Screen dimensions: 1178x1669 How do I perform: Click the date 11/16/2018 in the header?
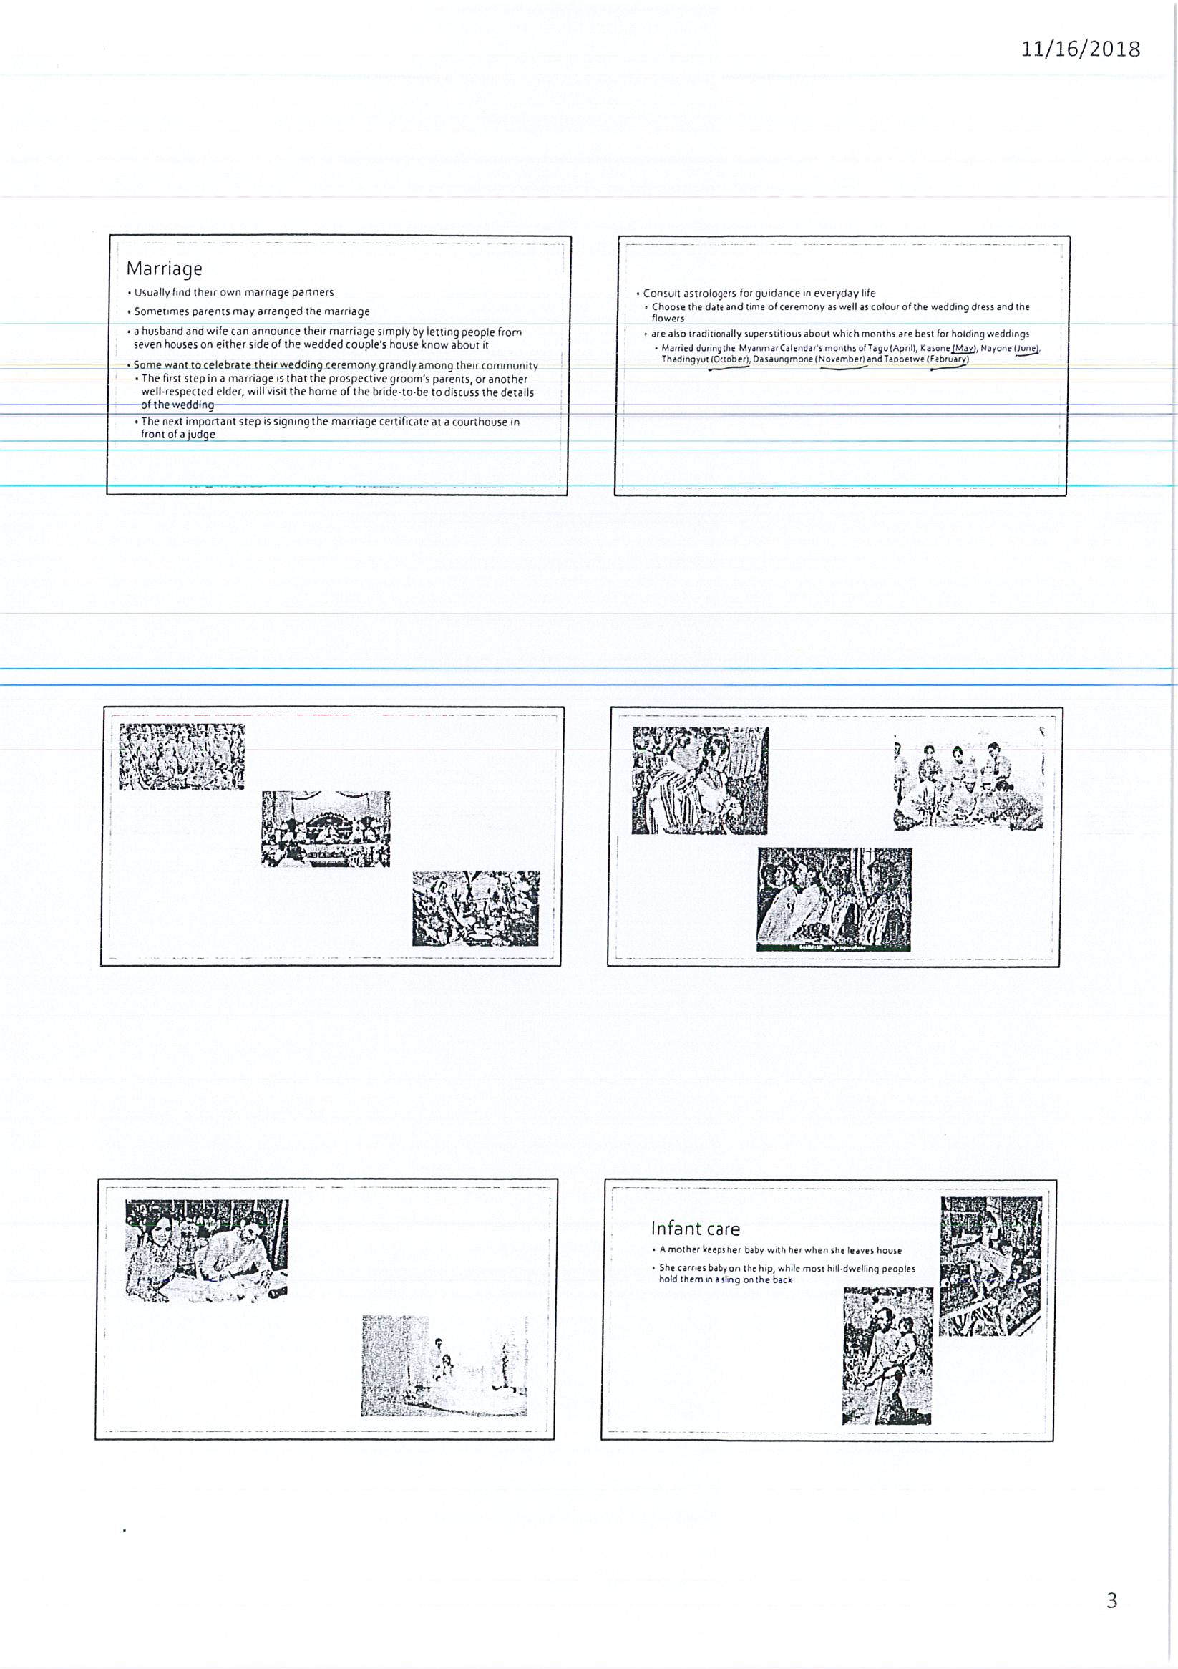point(1081,49)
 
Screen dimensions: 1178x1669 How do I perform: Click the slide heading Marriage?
point(164,269)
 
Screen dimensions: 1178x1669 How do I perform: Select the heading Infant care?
point(696,1229)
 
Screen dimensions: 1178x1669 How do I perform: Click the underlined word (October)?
point(729,360)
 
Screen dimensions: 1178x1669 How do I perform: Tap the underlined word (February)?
point(948,360)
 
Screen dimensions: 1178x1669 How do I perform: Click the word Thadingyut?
point(685,360)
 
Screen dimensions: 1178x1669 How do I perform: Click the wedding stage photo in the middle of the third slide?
point(326,828)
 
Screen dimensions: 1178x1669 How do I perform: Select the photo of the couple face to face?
point(701,780)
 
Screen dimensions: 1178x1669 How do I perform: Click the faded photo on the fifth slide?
point(444,1365)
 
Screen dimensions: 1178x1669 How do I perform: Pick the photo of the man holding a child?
point(887,1355)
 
